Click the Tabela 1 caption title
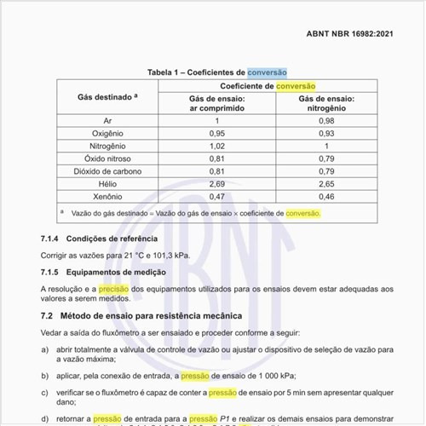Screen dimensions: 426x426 pyautogui.click(x=217, y=73)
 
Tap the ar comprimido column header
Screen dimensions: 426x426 pyautogui.click(x=216, y=104)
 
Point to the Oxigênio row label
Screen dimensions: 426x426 pyautogui.click(x=101, y=133)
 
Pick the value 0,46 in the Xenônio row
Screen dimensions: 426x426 pyautogui.click(x=326, y=196)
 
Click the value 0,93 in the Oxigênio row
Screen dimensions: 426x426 pyautogui.click(x=326, y=133)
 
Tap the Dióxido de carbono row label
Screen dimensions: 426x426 pyautogui.click(x=101, y=170)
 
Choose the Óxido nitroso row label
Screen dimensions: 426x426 pyautogui.click(x=101, y=158)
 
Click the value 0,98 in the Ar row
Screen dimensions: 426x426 pyautogui.click(x=326, y=121)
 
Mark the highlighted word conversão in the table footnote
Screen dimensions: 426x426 pyautogui.click(x=302, y=212)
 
